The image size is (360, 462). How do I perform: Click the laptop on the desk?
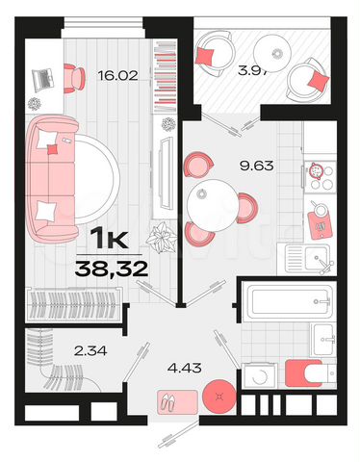coord(41,76)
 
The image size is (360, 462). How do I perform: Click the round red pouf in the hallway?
coord(216,394)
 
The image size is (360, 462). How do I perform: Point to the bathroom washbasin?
coord(325,337)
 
